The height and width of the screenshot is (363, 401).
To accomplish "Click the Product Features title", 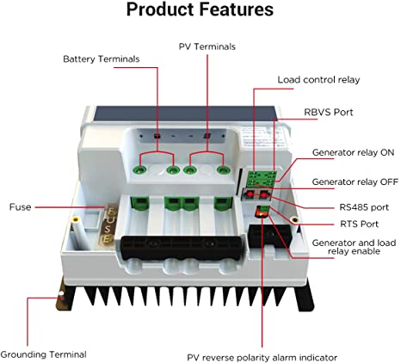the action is point(200,9).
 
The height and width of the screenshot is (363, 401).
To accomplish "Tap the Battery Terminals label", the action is point(102,59).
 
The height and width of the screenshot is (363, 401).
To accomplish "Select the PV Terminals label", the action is point(207,46).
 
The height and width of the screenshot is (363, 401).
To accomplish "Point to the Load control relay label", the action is point(318,80).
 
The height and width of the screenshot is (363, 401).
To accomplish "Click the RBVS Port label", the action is point(329,112).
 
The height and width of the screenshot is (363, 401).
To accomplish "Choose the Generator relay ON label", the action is point(353,152).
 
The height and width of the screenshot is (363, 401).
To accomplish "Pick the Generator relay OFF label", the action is point(355,181).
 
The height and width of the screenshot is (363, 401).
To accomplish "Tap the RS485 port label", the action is point(364,207).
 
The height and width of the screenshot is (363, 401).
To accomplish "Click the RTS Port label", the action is point(359,224).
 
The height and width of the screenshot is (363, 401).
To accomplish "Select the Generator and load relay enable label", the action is point(354,247).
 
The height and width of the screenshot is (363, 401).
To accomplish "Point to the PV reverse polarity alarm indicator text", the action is point(262,358).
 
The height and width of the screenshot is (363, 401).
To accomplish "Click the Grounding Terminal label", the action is point(43,354).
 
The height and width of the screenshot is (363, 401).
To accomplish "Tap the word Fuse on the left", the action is point(20,207).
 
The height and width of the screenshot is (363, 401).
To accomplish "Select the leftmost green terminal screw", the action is point(139,170).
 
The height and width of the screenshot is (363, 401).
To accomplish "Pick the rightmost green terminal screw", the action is point(223,170).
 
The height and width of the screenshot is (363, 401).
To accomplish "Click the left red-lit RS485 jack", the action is point(250,194).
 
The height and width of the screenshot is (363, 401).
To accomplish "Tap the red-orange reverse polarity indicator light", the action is point(261,212).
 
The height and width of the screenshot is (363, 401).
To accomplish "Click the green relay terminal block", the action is point(261,179).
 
